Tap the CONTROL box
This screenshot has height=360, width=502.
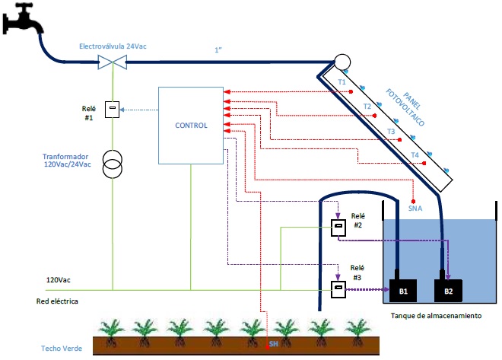point(190,125)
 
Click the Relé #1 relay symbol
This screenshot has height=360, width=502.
point(113,109)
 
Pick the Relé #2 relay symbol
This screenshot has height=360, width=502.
point(338,228)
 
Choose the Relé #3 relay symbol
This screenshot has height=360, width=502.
point(337,288)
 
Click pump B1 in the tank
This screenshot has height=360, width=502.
point(404,290)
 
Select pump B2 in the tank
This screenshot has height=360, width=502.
point(448,290)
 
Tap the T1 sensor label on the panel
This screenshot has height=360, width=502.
point(342,81)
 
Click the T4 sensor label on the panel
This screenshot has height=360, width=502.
point(415,155)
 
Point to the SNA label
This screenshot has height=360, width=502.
point(415,206)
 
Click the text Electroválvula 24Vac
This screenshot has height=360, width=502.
point(113,46)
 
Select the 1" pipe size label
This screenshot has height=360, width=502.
point(219,51)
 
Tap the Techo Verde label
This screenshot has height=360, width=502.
point(62,349)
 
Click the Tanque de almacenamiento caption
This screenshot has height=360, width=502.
point(436,315)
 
